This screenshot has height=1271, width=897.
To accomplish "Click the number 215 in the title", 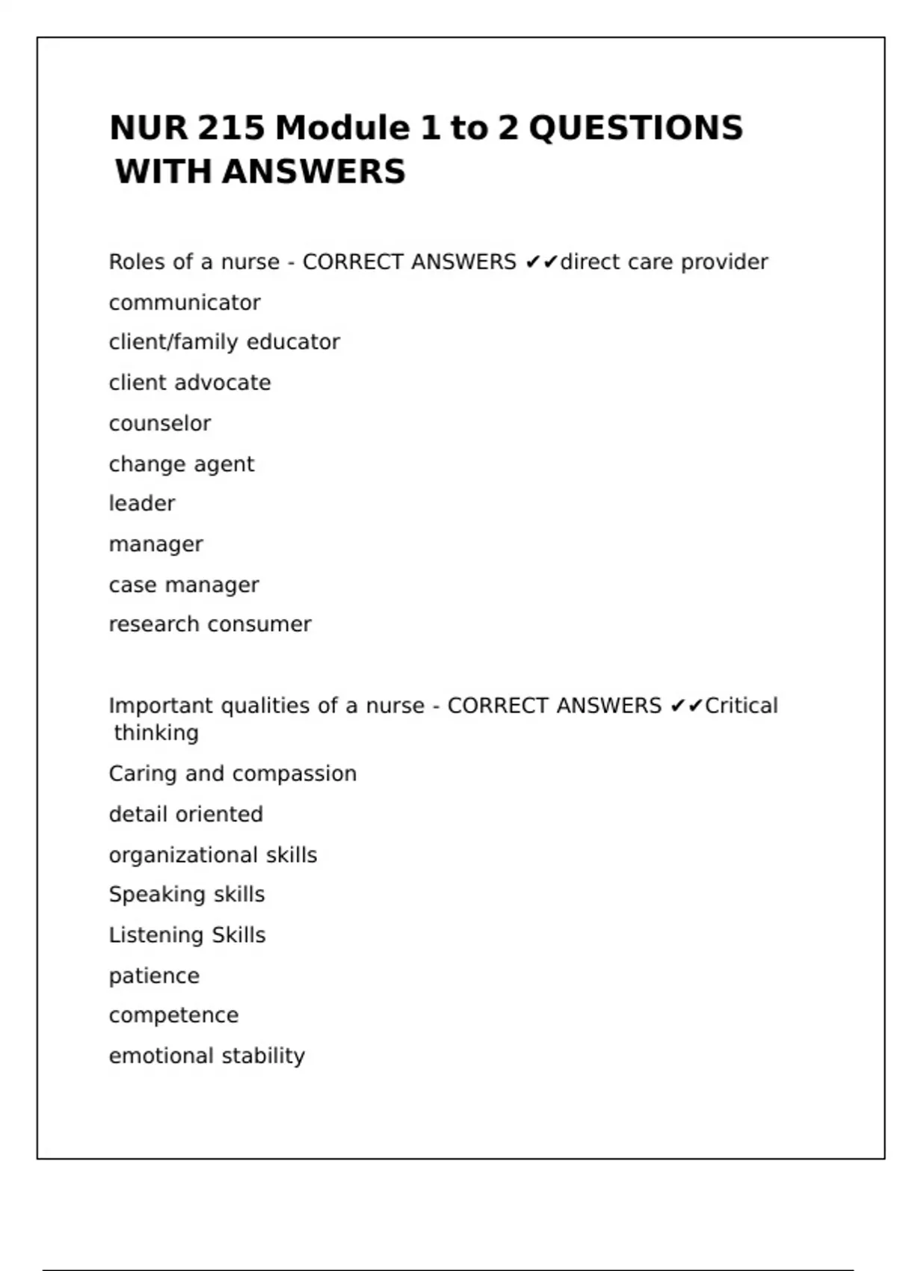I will point(231,128).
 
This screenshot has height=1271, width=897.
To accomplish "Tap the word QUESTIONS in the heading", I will point(635,128).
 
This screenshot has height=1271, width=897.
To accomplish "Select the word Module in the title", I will point(342,128).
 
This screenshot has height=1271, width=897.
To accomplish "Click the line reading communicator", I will point(185,303).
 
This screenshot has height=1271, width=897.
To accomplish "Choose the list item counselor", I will point(160,423).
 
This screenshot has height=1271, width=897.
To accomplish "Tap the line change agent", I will point(182,464).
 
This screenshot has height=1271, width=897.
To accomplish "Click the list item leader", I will point(142,504).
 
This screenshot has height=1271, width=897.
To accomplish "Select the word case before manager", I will point(132,585).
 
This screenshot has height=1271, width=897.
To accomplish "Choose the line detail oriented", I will point(186,814).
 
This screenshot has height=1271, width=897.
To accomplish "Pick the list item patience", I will point(154,976).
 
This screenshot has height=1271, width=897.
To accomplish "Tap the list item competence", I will point(173,1015).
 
